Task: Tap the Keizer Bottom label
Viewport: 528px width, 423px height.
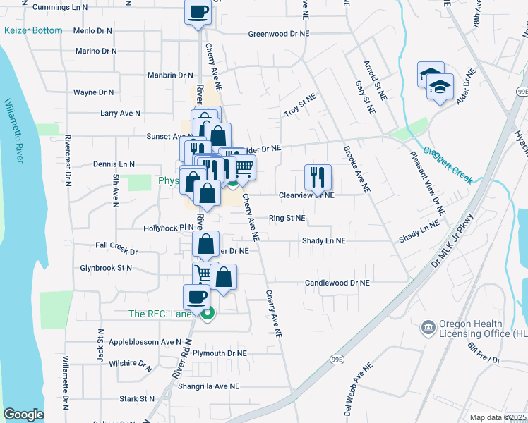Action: tap(33, 31)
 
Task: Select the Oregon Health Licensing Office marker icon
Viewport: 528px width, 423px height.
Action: tap(428, 327)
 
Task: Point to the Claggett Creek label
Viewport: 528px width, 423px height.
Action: tap(448, 164)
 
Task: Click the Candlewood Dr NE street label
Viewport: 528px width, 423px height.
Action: tap(337, 283)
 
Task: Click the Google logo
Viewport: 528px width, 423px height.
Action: tap(23, 415)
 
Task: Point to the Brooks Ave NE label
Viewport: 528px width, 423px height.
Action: tap(357, 170)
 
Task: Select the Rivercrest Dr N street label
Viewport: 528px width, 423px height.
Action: tap(68, 160)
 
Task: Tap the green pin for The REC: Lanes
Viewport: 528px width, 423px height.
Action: tap(207, 315)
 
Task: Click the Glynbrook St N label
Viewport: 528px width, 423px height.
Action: tap(107, 269)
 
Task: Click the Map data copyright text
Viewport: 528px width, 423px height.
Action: tap(498, 417)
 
